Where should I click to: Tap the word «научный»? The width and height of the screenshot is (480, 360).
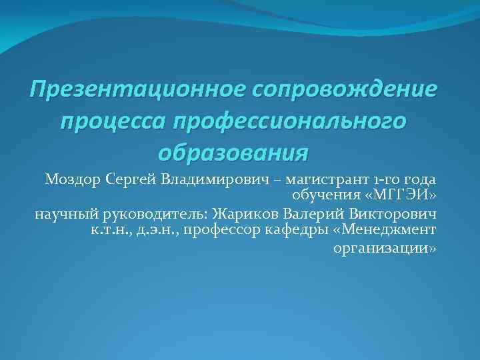65,214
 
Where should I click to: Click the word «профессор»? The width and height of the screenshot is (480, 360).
221,231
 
